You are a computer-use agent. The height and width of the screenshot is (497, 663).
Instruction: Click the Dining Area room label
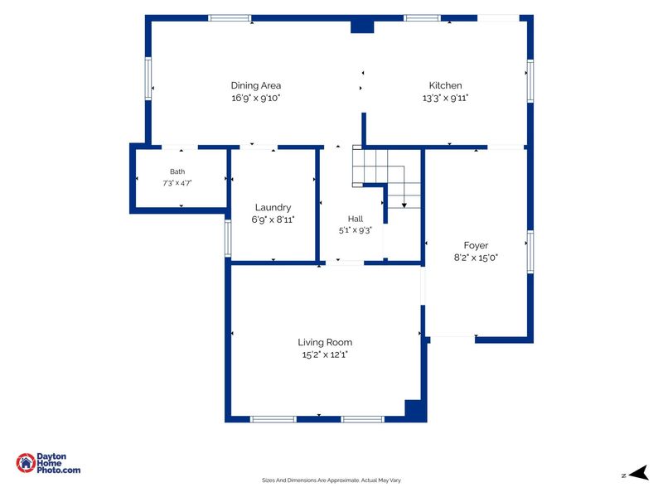click(x=256, y=85)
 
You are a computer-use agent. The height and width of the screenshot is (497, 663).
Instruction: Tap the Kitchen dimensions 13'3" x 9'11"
click(x=445, y=98)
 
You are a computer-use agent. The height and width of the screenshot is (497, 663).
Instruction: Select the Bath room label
click(x=177, y=171)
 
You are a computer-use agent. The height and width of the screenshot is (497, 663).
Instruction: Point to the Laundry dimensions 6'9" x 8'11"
click(x=273, y=220)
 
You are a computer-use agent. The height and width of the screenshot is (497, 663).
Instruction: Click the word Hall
click(x=356, y=219)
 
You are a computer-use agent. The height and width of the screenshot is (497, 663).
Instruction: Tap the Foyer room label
click(x=476, y=245)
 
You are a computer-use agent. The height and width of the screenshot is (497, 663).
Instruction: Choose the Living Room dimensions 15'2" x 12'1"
click(x=325, y=355)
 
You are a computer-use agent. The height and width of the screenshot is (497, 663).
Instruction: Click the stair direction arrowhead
click(x=404, y=205)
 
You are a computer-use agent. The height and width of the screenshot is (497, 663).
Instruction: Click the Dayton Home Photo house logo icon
click(x=26, y=463)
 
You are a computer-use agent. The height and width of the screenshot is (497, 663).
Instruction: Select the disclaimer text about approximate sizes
click(x=331, y=480)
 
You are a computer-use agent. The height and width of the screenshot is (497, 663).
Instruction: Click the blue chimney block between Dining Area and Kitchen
click(x=362, y=27)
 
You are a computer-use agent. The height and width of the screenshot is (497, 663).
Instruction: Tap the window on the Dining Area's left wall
click(x=148, y=79)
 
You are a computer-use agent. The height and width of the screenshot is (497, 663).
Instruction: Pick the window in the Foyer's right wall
click(x=530, y=252)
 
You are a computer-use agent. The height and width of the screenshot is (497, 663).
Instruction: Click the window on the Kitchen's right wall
click(x=530, y=80)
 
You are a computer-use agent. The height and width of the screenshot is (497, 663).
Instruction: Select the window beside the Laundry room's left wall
click(x=228, y=239)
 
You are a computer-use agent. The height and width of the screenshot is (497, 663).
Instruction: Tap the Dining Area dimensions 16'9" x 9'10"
click(x=256, y=98)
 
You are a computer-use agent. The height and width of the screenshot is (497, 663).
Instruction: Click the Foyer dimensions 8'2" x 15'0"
click(x=476, y=258)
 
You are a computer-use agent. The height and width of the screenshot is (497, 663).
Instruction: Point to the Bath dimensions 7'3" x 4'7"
click(x=177, y=183)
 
